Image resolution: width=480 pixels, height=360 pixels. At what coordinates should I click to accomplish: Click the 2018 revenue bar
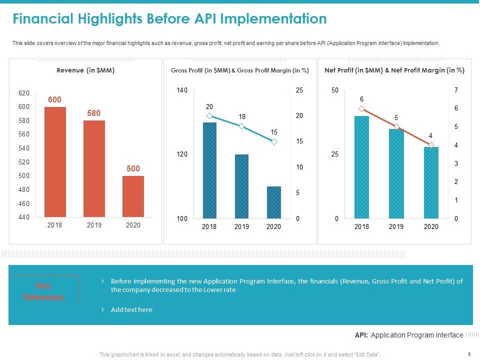point(55,162)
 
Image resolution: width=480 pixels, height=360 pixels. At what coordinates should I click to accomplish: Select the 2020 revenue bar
point(133,196)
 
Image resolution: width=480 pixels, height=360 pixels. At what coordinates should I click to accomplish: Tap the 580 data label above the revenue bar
point(93,113)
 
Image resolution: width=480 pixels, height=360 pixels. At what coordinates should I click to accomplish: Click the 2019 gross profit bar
point(241,186)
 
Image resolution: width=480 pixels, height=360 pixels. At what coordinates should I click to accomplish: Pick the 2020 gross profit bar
point(273,202)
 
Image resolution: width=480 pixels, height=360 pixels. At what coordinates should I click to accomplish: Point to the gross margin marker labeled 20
point(209,116)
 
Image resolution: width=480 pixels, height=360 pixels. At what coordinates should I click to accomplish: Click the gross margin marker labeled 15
point(274,142)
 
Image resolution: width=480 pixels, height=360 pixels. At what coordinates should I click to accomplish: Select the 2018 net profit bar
point(361,167)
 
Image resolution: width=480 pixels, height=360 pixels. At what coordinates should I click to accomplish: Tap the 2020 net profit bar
point(431,183)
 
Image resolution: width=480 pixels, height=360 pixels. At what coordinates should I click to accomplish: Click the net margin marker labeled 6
point(361,108)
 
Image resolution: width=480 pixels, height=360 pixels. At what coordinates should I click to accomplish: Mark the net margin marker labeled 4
point(431,145)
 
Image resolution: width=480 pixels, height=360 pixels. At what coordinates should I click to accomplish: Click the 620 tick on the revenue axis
point(24,93)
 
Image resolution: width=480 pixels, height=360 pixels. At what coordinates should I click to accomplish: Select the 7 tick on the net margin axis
point(456,90)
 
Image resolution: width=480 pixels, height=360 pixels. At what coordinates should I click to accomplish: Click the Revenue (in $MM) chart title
point(85,70)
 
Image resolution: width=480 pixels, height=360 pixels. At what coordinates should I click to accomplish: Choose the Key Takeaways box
point(44,291)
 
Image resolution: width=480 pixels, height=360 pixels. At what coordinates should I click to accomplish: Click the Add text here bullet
point(131,310)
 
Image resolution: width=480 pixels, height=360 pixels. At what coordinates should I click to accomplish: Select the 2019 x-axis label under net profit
point(396,227)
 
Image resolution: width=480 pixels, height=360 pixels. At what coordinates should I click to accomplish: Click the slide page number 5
point(469,354)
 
